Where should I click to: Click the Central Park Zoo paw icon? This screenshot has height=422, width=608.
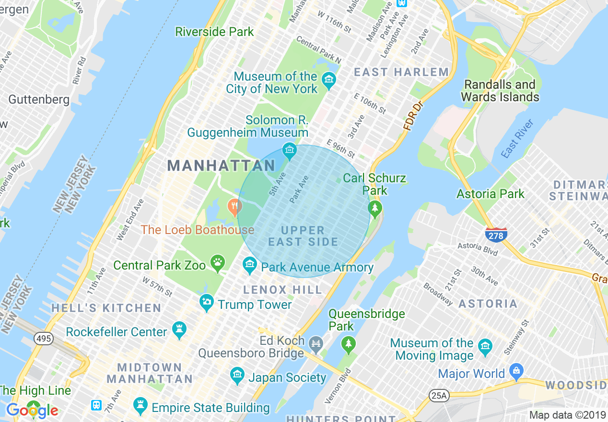218,262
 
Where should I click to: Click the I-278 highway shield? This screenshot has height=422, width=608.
496,235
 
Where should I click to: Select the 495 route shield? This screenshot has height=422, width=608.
43,339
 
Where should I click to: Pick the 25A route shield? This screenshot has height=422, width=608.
438,396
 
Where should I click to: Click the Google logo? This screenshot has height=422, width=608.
32,410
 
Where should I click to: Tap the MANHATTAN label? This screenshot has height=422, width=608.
221,166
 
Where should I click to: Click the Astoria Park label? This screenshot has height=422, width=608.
491,194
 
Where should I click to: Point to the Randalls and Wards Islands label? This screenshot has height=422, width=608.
500,91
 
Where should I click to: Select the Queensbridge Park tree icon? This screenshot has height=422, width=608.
349,343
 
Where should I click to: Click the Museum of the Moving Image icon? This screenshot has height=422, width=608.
485,346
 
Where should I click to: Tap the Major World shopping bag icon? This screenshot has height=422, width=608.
516,370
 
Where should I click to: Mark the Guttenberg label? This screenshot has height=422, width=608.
39,100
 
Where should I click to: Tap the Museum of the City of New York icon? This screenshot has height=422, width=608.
328,80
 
